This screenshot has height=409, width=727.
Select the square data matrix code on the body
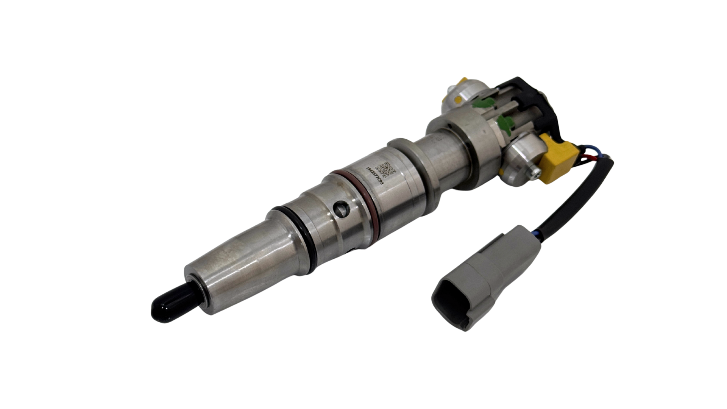385,169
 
